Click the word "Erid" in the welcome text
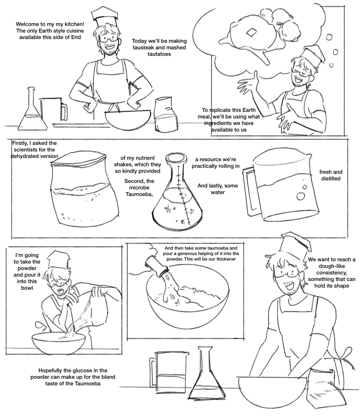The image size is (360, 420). (76, 37)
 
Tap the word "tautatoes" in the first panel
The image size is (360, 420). (159, 54)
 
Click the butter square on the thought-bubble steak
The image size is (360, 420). (251, 32)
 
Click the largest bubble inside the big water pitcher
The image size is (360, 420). (301, 196)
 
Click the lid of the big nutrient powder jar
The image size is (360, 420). (78, 158)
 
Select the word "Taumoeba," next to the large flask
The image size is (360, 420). (139, 194)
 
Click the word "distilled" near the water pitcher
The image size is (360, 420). (331, 178)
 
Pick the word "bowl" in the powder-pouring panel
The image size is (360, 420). (27, 288)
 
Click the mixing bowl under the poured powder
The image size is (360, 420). (58, 343)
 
